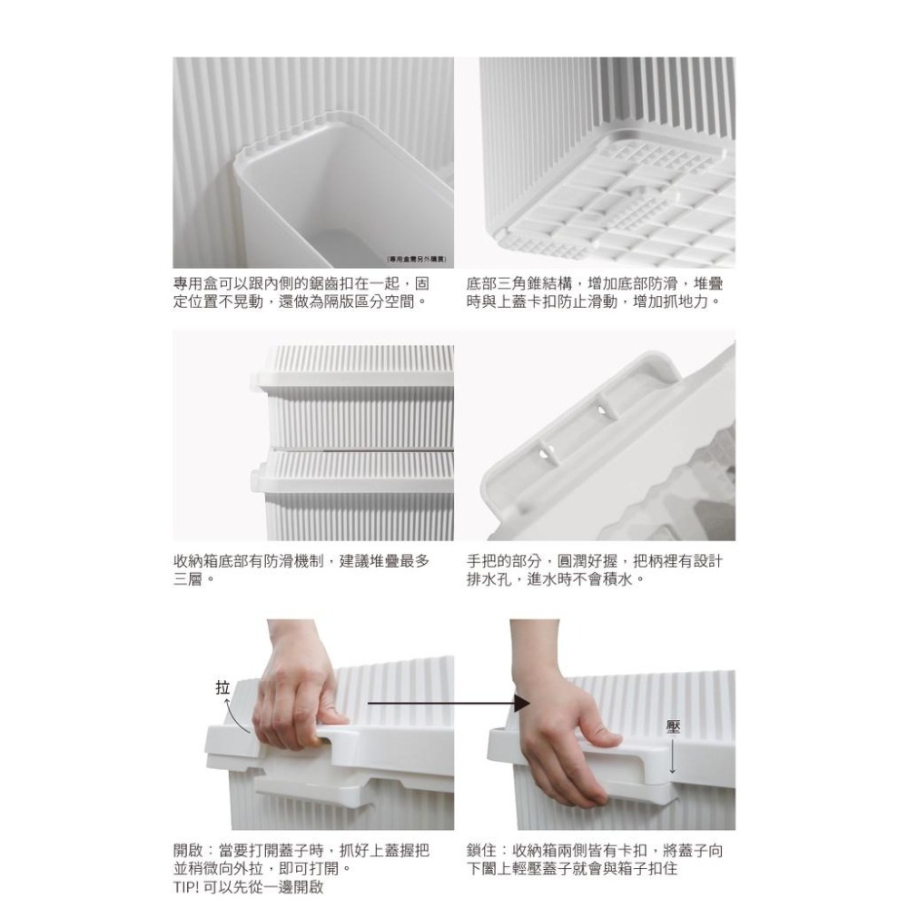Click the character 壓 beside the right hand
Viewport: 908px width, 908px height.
tap(672, 727)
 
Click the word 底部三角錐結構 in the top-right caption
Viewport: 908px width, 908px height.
tap(519, 283)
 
